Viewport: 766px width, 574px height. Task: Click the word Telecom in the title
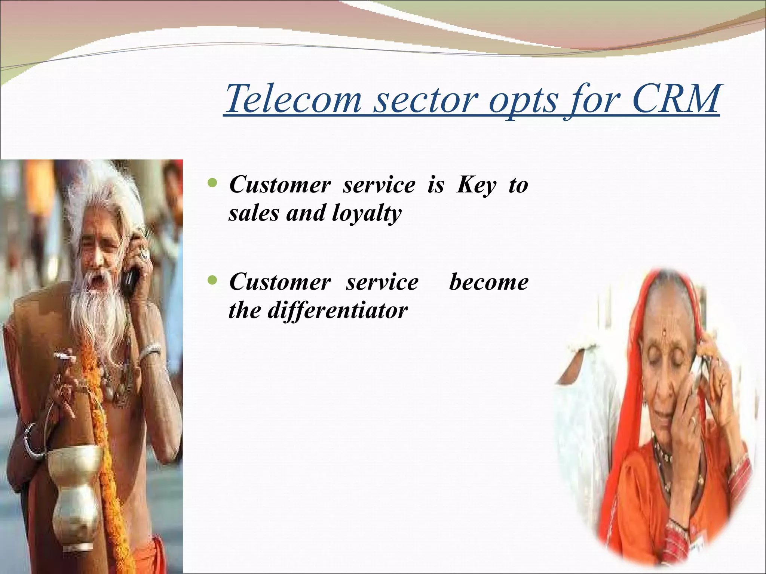pos(294,99)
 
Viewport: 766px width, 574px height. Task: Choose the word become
pos(488,282)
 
